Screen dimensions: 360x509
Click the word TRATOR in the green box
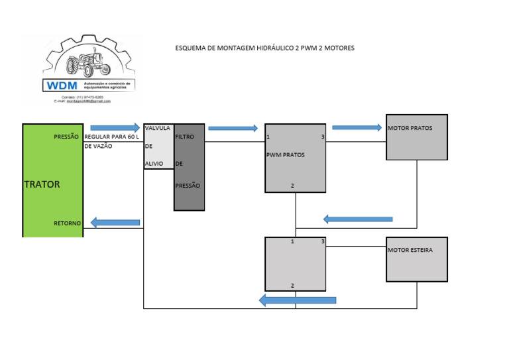point(42,184)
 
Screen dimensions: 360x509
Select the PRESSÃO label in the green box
point(66,137)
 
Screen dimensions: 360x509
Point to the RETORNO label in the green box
point(67,223)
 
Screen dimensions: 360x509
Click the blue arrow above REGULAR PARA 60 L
point(115,127)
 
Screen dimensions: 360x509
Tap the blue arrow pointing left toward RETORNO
point(115,222)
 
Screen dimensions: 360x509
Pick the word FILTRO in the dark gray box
point(185,137)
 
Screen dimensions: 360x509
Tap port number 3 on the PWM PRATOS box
point(322,137)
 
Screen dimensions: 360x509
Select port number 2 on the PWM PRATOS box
point(292,186)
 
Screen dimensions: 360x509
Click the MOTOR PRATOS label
point(410,128)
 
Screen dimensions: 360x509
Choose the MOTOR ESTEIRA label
point(410,251)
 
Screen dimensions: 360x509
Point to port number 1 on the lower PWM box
point(292,242)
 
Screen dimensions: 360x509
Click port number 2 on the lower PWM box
point(292,285)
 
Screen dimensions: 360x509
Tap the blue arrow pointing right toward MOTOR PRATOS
point(357,127)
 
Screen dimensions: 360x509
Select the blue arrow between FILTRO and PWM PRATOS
point(233,128)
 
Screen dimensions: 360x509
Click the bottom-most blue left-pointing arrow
point(297,300)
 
